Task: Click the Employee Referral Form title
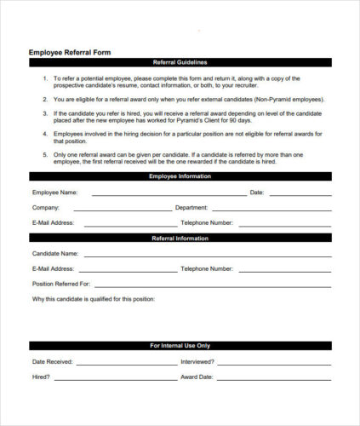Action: pos(70,52)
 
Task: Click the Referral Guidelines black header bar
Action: pos(180,62)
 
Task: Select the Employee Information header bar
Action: pos(180,176)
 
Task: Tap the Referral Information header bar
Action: pos(180,239)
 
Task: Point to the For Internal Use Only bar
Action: pos(180,346)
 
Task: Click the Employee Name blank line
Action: pos(165,195)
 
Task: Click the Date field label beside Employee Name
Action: pos(257,193)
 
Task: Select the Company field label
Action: pos(45,207)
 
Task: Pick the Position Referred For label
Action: pos(60,283)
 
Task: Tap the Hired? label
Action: pos(41,376)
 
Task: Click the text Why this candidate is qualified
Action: pos(94,298)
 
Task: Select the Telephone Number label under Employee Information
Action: pos(207,222)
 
